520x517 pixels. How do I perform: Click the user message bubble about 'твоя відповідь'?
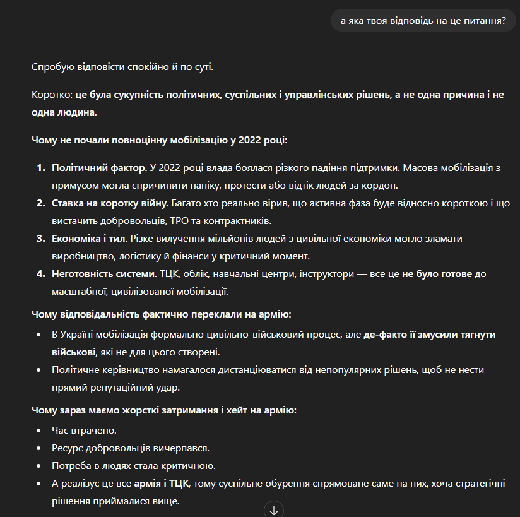(423, 21)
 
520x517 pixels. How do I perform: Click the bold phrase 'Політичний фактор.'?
(99, 169)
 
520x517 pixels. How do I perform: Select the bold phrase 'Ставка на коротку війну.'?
(110, 204)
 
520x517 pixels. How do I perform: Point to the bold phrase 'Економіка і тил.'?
(90, 239)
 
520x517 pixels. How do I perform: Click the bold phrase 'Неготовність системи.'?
(103, 275)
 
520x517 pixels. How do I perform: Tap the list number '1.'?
(40, 169)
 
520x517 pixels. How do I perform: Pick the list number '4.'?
(40, 275)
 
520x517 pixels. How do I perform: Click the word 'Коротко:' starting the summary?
(52, 95)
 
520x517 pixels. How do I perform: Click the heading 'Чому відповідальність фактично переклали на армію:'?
(161, 314)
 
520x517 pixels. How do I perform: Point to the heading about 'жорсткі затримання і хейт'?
(163, 410)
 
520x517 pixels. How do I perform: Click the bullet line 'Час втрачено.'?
(85, 431)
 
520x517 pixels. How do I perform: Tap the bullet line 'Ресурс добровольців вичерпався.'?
(131, 448)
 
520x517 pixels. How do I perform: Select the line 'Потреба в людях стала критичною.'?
(134, 466)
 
